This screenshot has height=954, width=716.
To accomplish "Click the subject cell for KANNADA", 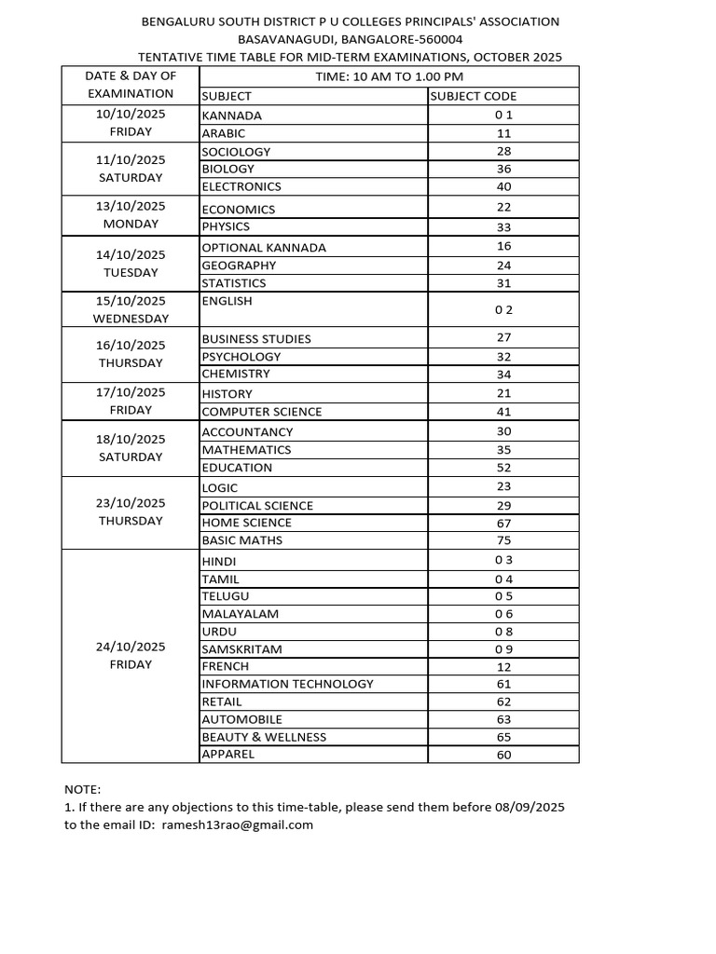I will [x=232, y=116].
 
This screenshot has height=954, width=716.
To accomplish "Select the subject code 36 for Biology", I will [x=503, y=169].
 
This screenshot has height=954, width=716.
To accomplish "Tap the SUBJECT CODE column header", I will [x=474, y=95].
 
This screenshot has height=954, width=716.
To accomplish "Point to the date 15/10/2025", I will [x=131, y=300].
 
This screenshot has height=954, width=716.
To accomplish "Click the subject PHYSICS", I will [x=226, y=226].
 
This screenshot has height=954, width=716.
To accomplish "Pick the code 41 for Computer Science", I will [x=503, y=411].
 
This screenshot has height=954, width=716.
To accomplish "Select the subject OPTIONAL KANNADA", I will [x=264, y=248].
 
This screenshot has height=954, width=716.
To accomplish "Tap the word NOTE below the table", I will [x=82, y=789].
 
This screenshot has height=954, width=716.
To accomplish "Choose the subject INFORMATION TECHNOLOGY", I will [x=287, y=684].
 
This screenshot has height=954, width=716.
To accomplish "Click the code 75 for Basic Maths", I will [x=503, y=540].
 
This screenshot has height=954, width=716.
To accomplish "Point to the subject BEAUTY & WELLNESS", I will [x=264, y=737].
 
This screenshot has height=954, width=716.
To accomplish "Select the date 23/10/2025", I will [x=131, y=503].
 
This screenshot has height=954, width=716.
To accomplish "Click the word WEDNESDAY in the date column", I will [x=131, y=319].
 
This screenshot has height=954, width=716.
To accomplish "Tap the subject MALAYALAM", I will [x=240, y=614].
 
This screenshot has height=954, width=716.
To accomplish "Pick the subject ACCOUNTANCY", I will [x=247, y=432].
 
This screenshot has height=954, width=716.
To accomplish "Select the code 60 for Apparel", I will [x=503, y=755].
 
